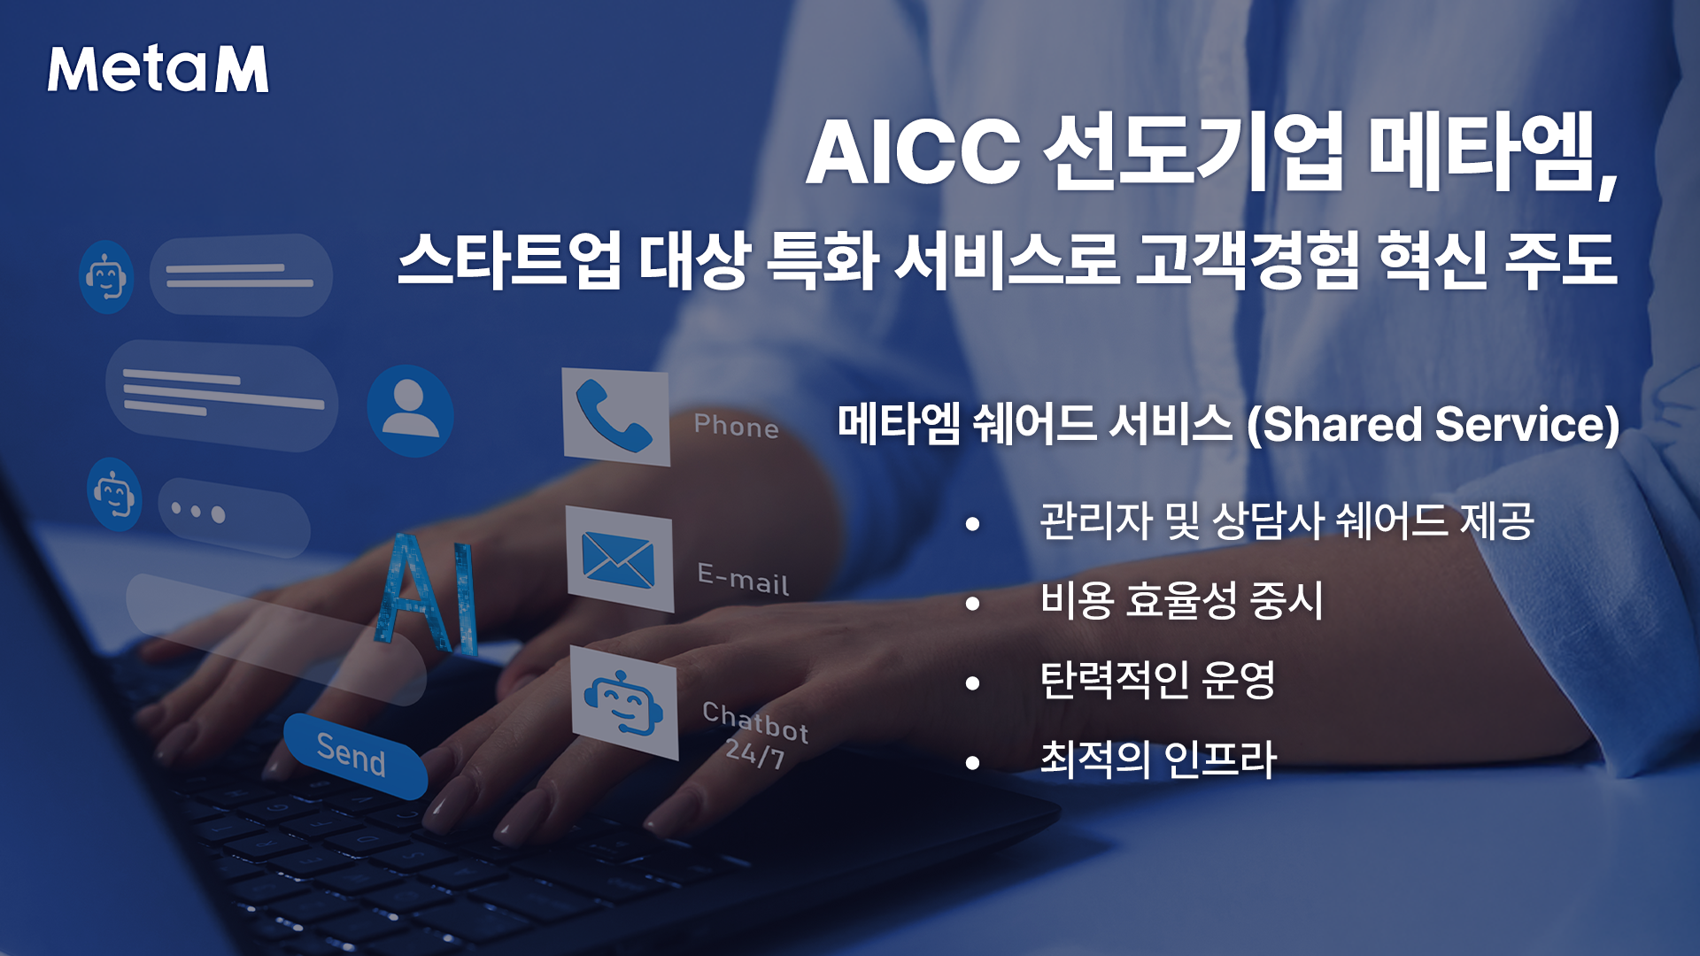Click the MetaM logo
[x=158, y=69]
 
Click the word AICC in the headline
[x=914, y=152]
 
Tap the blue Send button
[x=355, y=755]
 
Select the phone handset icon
[x=614, y=416]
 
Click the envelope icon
[x=618, y=561]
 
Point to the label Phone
[x=736, y=426]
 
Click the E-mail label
[x=743, y=578]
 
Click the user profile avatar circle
[x=410, y=411]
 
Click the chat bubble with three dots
[x=234, y=517]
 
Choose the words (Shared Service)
[x=1433, y=424]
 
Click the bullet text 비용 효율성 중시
[x=1182, y=601]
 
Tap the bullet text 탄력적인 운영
[x=1158, y=681]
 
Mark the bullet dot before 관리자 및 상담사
[x=973, y=524]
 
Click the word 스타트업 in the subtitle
[x=510, y=259]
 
